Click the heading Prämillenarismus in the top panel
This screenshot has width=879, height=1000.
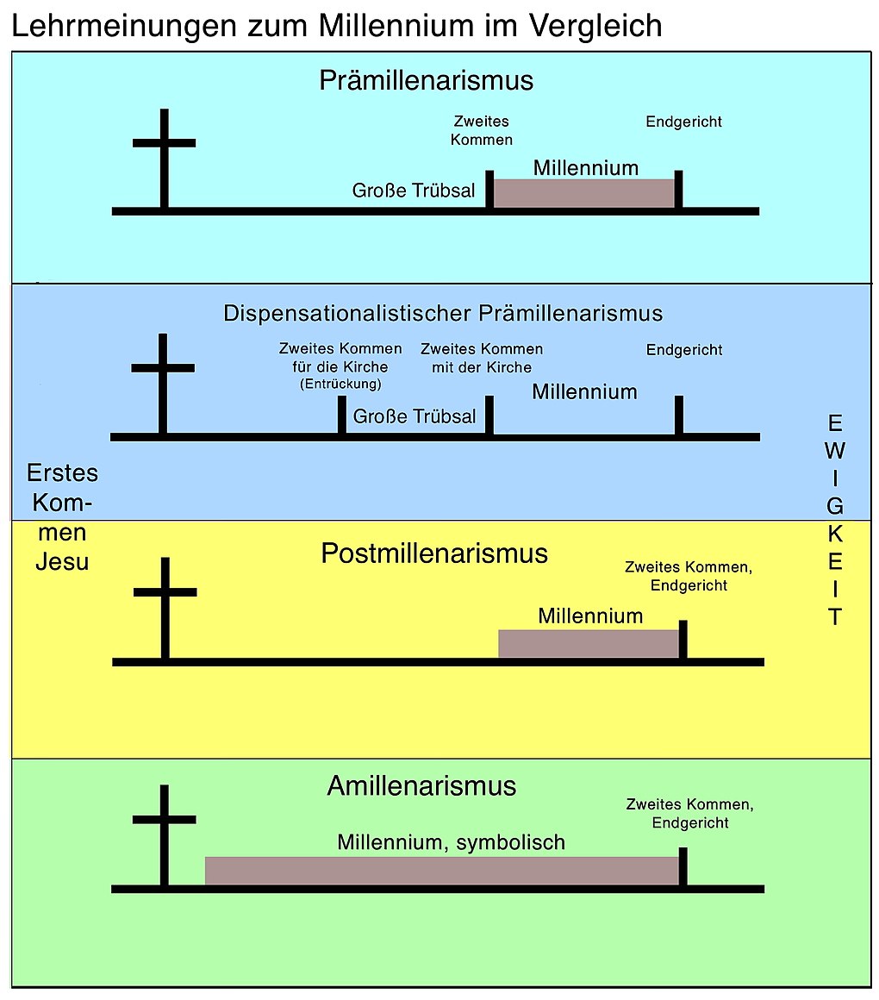tap(426, 80)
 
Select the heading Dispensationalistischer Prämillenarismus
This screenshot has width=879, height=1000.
tap(443, 312)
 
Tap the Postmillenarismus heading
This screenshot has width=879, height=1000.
tap(433, 553)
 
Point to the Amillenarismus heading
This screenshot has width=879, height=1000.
tap(421, 786)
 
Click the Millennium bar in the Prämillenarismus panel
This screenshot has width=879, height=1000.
tap(583, 192)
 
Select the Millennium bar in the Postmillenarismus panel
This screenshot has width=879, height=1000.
tap(589, 643)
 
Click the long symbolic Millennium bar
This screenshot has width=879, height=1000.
tap(441, 870)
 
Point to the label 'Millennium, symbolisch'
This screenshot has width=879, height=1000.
tap(451, 841)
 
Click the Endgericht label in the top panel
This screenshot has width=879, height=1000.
tap(683, 122)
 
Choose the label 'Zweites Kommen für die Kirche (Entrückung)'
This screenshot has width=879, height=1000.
tap(340, 366)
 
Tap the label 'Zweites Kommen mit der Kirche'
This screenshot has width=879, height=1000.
tap(482, 358)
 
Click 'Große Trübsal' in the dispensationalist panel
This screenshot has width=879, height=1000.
tap(414, 416)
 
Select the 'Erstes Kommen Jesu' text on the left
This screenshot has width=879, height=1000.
tap(62, 517)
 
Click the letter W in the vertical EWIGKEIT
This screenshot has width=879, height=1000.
tap(835, 450)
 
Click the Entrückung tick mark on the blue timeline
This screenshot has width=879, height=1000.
tap(341, 416)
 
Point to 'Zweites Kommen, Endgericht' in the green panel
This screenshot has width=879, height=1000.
tap(689, 814)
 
